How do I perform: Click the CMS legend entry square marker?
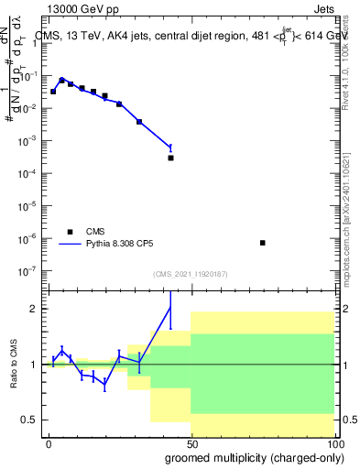tap(70, 232)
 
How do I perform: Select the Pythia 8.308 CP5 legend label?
tap(126, 245)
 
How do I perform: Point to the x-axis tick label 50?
tap(191, 444)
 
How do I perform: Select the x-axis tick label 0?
tap(48, 444)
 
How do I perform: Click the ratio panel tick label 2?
tap(35, 309)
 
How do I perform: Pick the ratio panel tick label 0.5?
tap(30, 420)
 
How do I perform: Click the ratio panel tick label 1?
tap(35, 365)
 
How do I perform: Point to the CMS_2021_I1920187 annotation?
tap(189, 274)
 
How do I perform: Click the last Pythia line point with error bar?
tap(170, 147)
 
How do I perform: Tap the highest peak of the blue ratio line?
tap(170, 307)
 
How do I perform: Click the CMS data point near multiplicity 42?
tap(170, 158)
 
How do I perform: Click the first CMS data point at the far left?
tap(53, 92)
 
